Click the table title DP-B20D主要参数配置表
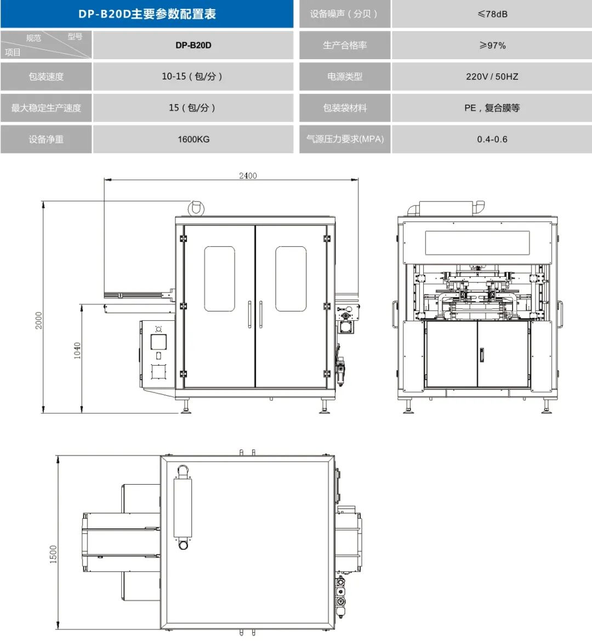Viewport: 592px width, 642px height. coord(147,14)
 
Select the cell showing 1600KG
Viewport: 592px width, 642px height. coord(193,139)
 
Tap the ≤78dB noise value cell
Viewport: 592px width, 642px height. coord(492,14)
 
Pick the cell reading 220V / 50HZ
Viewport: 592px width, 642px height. coord(492,77)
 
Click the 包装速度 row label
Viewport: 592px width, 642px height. coord(46,77)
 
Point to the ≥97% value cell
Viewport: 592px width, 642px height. coord(492,45)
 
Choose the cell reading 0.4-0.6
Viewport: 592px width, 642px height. coord(492,139)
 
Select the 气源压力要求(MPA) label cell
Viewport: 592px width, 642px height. coord(345,139)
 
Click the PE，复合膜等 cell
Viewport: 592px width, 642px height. coord(492,107)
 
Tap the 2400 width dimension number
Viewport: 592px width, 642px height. coord(248,175)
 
